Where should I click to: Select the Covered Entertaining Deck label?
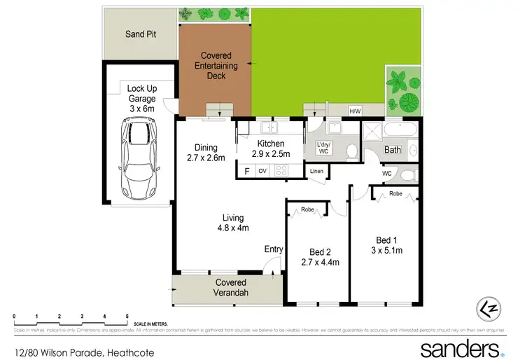(x=216, y=65)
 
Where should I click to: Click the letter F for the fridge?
(x=246, y=170)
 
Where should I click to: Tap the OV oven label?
(x=263, y=170)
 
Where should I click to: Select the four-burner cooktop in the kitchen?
(x=282, y=170)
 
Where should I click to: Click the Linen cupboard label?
(x=316, y=170)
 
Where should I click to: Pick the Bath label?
(x=392, y=150)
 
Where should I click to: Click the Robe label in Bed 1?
(x=395, y=193)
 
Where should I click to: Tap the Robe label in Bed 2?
(x=307, y=208)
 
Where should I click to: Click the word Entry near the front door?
(x=274, y=249)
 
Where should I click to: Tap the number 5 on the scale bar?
(x=127, y=317)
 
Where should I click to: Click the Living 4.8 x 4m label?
(x=232, y=223)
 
